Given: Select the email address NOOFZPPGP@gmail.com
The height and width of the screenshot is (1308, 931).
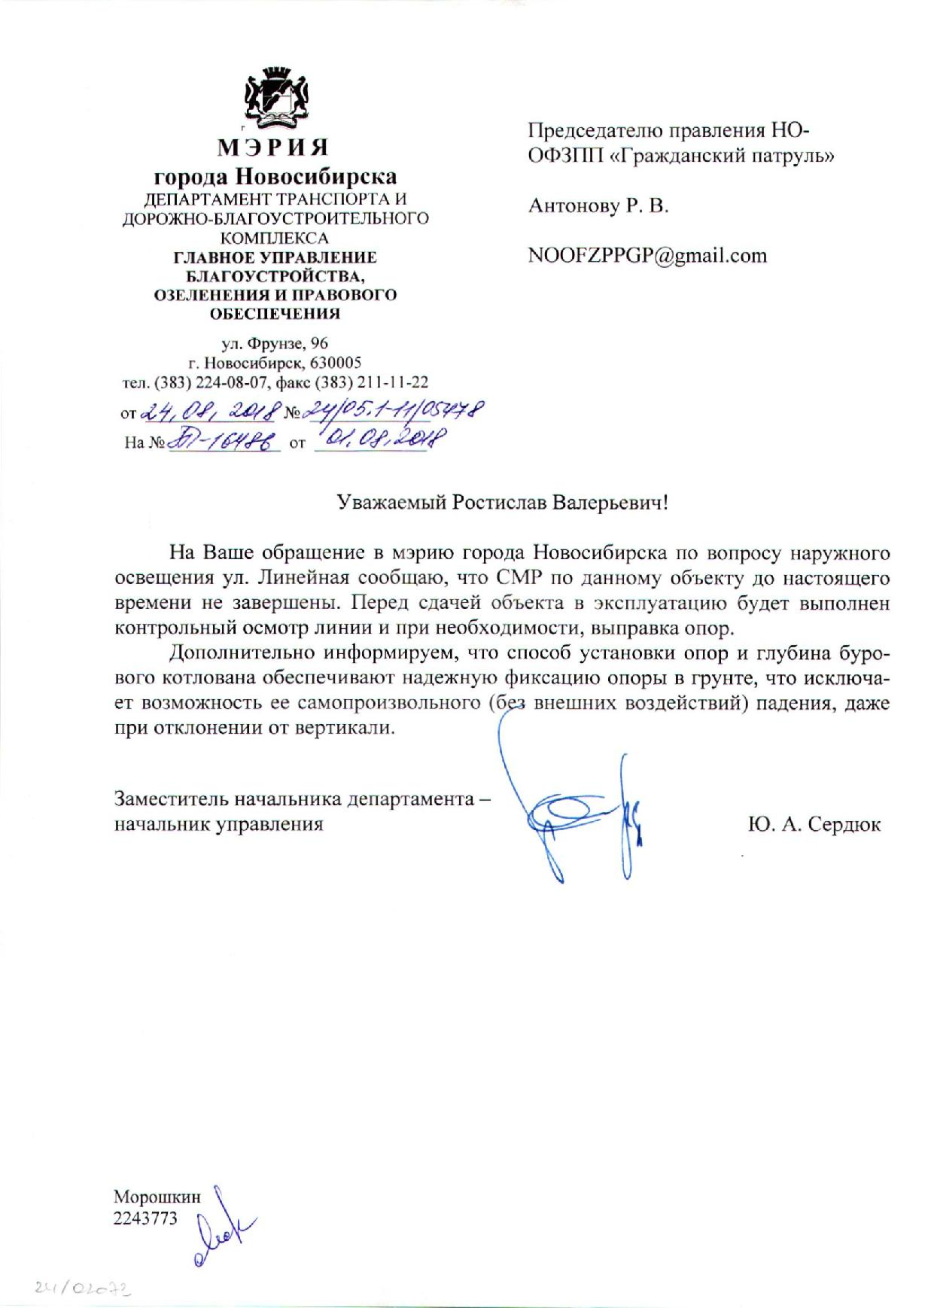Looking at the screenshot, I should [x=647, y=256].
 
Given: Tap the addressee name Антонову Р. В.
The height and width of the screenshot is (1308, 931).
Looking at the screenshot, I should [x=598, y=205].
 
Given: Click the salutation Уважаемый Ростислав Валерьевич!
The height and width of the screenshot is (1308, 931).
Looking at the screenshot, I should [x=502, y=503].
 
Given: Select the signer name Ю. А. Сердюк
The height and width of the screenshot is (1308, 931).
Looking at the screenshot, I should [x=814, y=824].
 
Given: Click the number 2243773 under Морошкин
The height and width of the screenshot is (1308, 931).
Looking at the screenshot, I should [x=145, y=1217].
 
